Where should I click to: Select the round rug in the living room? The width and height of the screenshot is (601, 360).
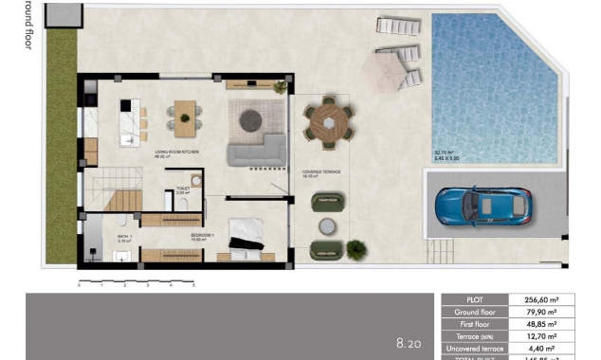(251, 119)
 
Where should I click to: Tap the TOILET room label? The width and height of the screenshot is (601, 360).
(184, 188)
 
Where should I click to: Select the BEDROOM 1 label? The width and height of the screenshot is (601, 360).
(203, 234)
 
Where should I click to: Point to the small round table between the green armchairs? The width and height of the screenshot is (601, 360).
(328, 225)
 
